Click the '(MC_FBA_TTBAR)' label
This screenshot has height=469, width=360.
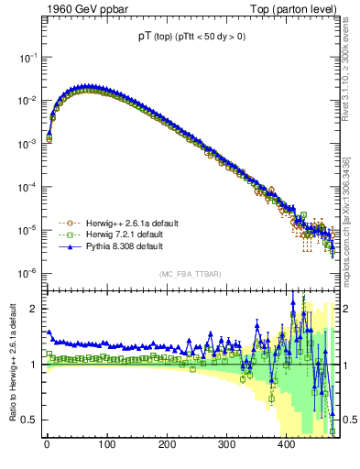[190, 275]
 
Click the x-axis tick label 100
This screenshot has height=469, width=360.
[106, 446]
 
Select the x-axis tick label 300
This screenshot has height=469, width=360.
[226, 446]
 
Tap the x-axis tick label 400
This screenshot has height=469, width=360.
[286, 446]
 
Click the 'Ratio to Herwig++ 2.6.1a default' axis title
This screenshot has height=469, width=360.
[10, 361]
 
